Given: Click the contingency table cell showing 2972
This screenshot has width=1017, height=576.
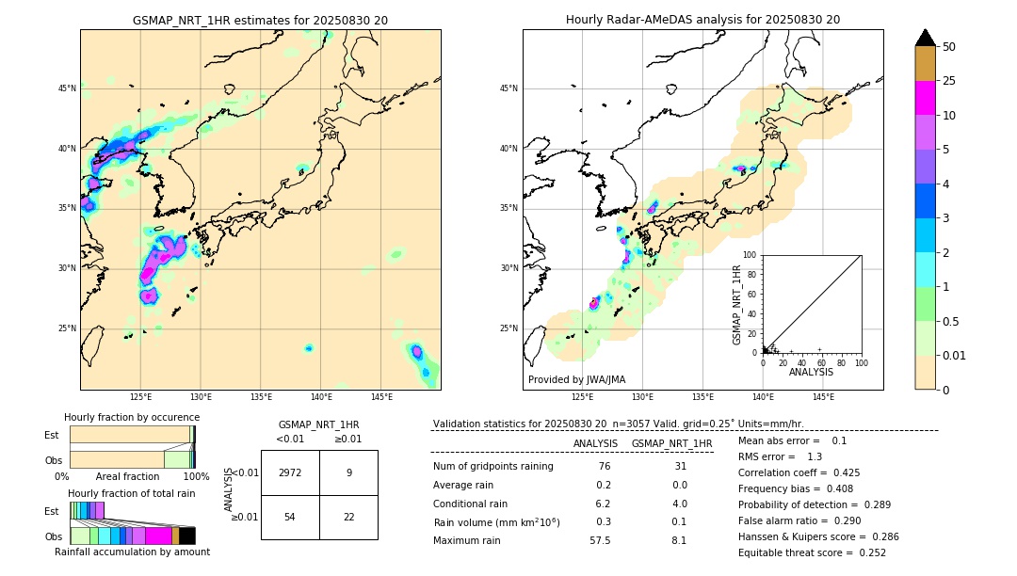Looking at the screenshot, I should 290,472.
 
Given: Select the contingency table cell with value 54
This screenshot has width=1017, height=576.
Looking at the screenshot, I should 290,517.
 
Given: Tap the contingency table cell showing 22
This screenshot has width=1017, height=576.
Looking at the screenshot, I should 348,517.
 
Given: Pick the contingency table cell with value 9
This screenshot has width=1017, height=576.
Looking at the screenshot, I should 348,472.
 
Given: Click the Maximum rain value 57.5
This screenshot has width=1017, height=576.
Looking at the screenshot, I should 600,540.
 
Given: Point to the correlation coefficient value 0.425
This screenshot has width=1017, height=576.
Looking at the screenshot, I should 840,472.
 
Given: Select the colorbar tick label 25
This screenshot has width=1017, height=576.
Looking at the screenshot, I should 949,81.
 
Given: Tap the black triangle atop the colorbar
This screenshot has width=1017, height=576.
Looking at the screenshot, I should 926,38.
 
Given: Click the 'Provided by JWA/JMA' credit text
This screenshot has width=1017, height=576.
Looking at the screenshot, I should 576,380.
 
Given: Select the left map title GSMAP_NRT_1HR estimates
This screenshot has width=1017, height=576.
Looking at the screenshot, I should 260,20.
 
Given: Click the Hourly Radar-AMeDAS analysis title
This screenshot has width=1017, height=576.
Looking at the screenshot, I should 702,20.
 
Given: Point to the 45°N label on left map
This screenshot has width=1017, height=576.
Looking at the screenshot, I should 67,88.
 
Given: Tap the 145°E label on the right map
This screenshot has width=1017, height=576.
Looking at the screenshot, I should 823,397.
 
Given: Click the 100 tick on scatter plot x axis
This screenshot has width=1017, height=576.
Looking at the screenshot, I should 861,362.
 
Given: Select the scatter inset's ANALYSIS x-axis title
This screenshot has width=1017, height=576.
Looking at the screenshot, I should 811,372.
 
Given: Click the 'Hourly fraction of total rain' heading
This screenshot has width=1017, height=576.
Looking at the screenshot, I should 132,494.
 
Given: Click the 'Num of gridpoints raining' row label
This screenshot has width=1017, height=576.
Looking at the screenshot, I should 493,467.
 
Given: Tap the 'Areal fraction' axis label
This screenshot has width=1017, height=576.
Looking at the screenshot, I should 127,477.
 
